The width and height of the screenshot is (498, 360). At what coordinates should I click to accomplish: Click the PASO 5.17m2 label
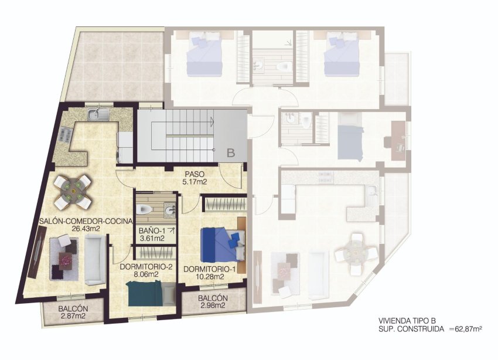[194, 178]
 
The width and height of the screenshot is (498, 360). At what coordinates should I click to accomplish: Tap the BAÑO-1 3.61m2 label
[151, 235]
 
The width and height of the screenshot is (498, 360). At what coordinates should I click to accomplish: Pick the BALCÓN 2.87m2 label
[73, 313]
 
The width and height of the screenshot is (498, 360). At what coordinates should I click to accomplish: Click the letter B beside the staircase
[231, 153]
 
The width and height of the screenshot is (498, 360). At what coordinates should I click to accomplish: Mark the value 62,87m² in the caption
[466, 330]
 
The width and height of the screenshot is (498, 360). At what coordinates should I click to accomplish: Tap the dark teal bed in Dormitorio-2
[144, 293]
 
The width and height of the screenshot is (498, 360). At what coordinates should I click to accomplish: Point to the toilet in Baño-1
[146, 209]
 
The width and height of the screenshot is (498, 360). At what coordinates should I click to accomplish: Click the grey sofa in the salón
[94, 262]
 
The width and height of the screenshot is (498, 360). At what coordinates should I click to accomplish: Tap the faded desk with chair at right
[398, 140]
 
